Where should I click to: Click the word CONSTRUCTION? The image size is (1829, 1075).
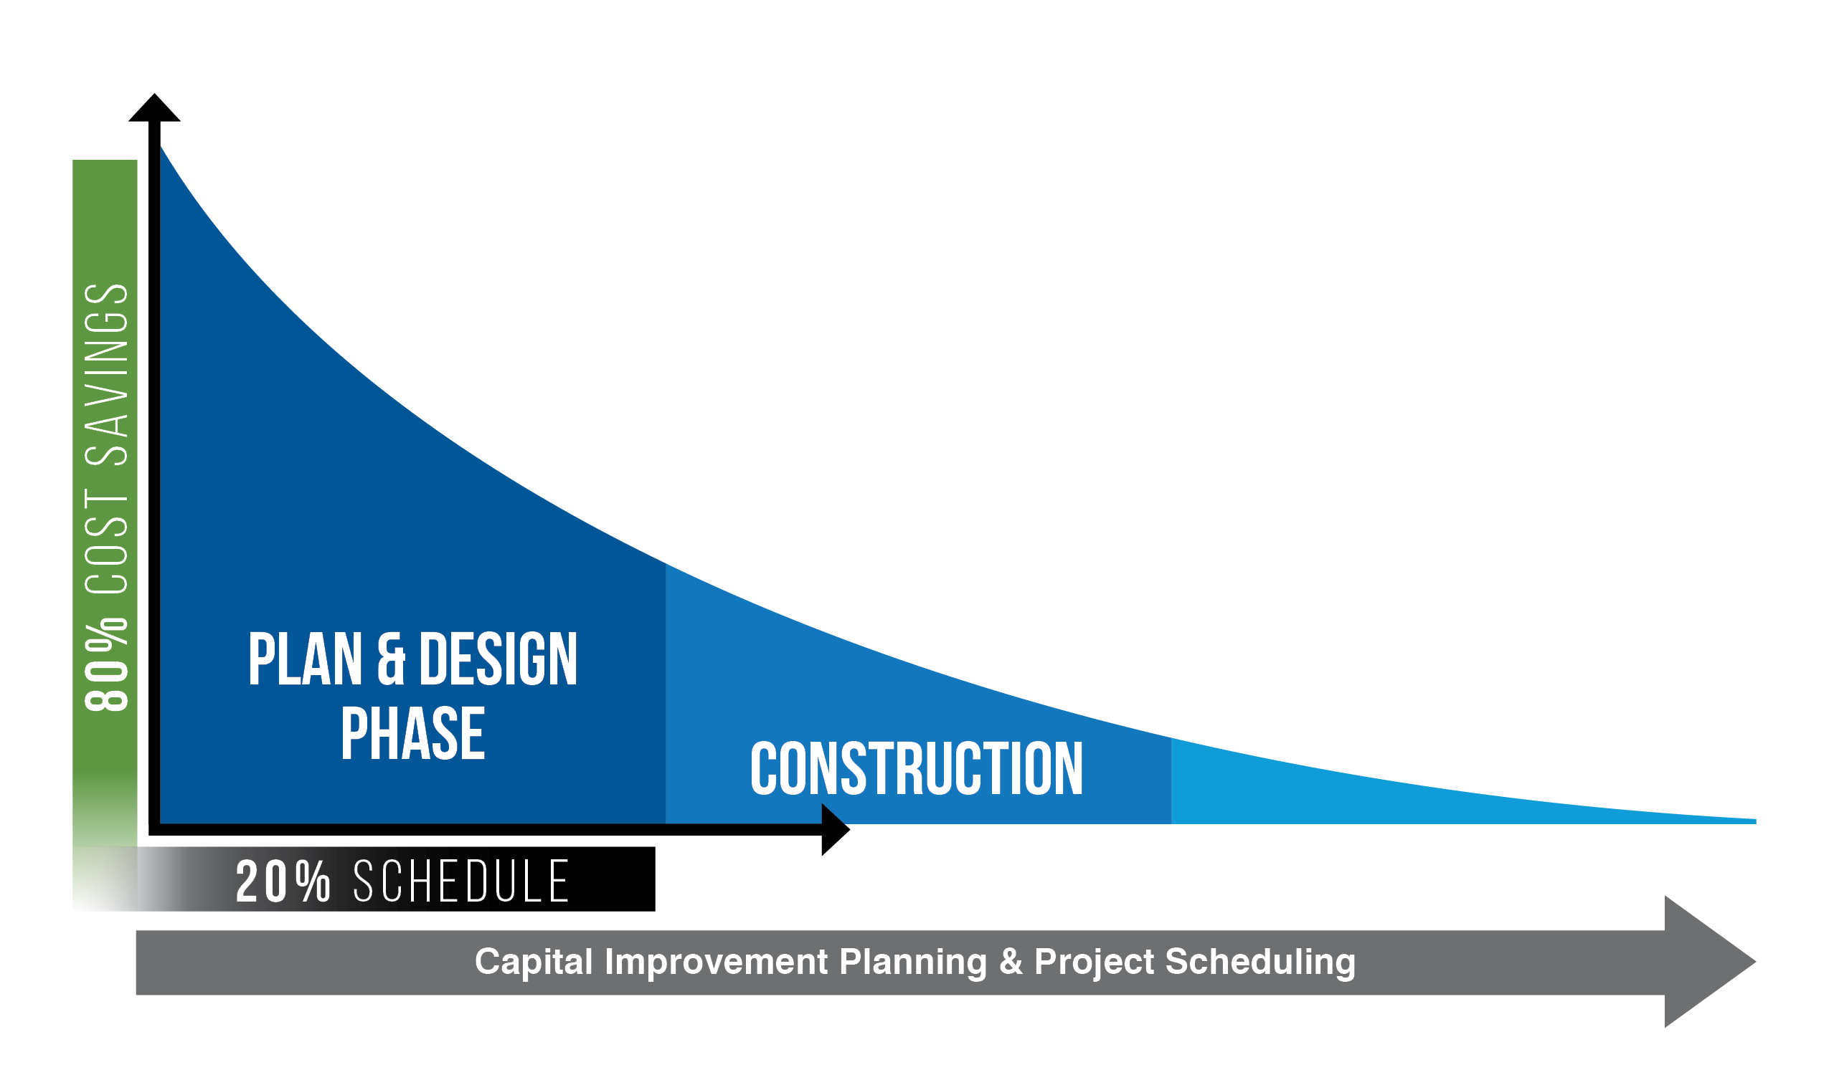pyautogui.click(x=917, y=768)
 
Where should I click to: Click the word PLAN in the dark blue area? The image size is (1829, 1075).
pyautogui.click(x=306, y=659)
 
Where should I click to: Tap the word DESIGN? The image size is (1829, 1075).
pyautogui.click(x=498, y=659)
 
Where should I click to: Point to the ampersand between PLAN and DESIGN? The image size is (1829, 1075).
pyautogui.click(x=391, y=659)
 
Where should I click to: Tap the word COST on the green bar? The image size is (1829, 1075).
pyautogui.click(x=107, y=542)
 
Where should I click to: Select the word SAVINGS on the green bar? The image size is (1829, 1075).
pyautogui.click(x=107, y=374)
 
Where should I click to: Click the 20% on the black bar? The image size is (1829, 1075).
pyautogui.click(x=283, y=881)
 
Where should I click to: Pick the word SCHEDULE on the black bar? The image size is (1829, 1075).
pyautogui.click(x=462, y=881)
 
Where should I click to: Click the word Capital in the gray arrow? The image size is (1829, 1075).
pyautogui.click(x=534, y=962)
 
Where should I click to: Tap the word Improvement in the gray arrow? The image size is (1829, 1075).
pyautogui.click(x=717, y=962)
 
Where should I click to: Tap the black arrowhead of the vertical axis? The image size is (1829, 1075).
pyautogui.click(x=155, y=108)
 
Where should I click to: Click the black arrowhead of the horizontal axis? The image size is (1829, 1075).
pyautogui.click(x=836, y=829)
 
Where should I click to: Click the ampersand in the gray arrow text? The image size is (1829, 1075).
pyautogui.click(x=1011, y=962)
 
